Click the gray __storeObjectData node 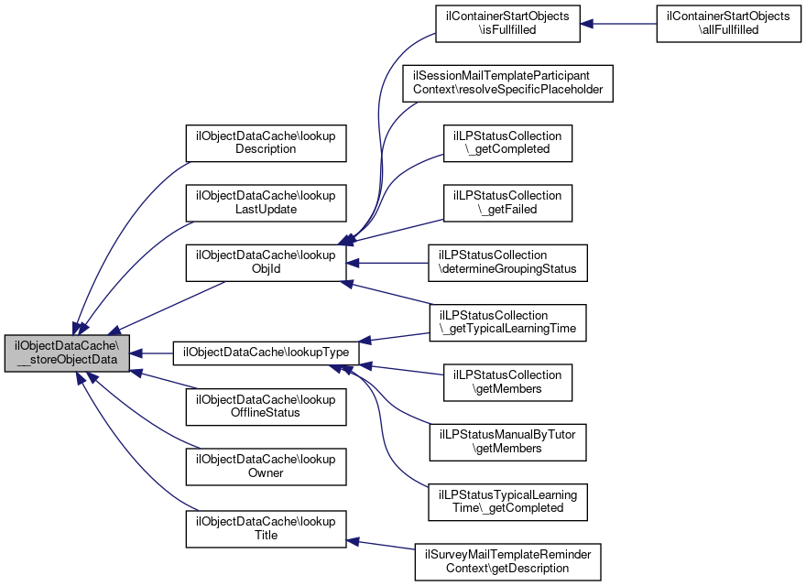[x=67, y=353]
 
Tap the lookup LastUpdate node [x=266, y=202]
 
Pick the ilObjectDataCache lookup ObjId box [x=266, y=262]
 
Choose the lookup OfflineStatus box [x=266, y=406]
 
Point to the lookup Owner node [x=266, y=465]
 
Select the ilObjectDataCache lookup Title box [x=266, y=528]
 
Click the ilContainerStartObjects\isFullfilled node [x=507, y=23]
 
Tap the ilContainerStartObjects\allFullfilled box [x=728, y=23]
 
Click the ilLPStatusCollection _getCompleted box [x=507, y=142]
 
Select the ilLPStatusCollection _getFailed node [x=507, y=202]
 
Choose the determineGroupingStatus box [x=507, y=262]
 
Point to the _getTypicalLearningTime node [x=507, y=322]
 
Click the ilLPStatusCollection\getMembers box [x=507, y=382]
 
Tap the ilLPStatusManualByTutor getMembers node [x=507, y=441]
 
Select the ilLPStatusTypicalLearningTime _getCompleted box [x=507, y=502]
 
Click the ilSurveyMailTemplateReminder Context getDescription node [x=507, y=561]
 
